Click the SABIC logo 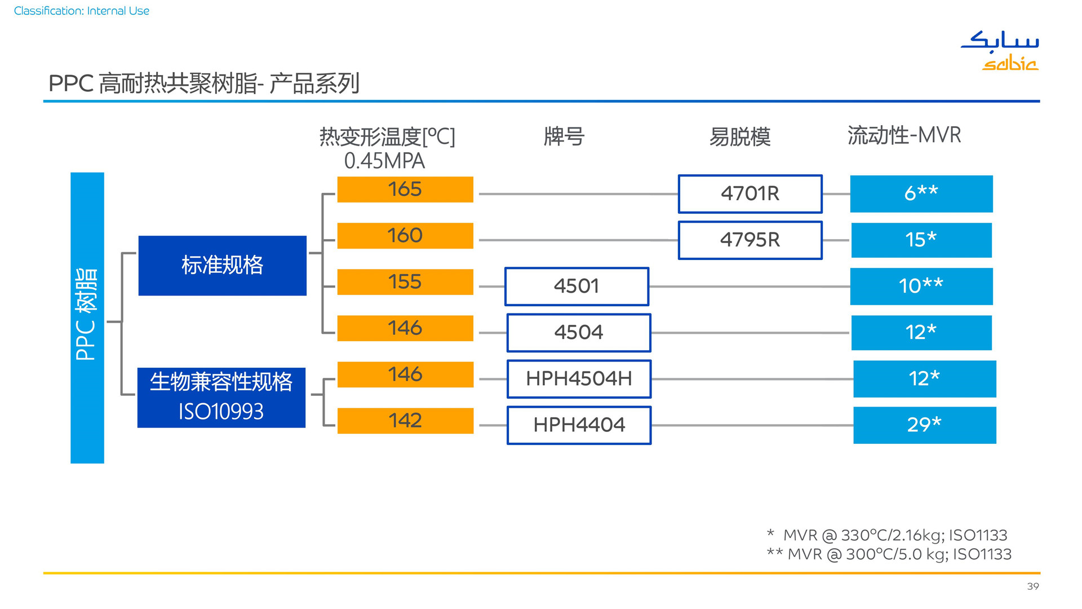[x=1000, y=51]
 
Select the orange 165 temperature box [x=405, y=189]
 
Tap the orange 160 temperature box [x=405, y=236]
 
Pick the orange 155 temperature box [x=405, y=282]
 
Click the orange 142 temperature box [x=405, y=421]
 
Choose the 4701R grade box [x=750, y=194]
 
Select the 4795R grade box [x=750, y=240]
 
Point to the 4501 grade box [x=577, y=286]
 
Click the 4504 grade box [x=579, y=333]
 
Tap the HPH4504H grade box [x=579, y=379]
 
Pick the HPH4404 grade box [x=579, y=425]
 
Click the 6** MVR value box [x=921, y=194]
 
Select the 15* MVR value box [x=921, y=240]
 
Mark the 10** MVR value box [x=921, y=286]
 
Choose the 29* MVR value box [x=925, y=425]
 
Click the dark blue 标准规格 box [x=223, y=266]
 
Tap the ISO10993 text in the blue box [x=221, y=412]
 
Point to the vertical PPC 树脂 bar [x=87, y=318]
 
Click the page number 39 [x=1033, y=586]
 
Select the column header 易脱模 [x=740, y=137]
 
